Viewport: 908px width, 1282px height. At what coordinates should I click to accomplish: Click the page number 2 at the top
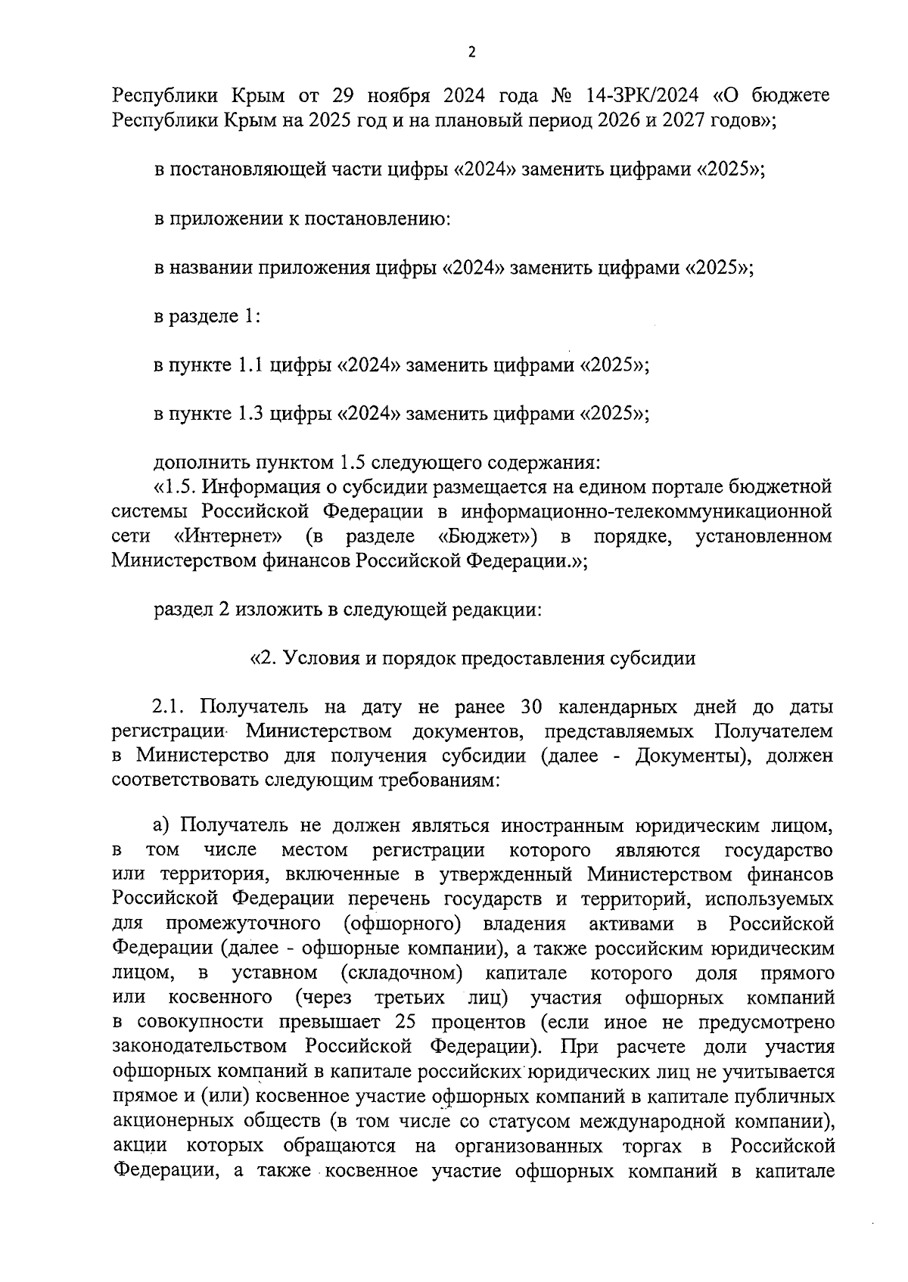click(x=472, y=52)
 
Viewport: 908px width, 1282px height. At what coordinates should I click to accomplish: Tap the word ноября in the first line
click(x=398, y=96)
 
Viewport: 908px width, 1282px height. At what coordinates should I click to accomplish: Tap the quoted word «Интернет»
click(x=229, y=535)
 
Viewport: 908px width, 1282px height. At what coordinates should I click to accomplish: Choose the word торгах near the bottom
click(x=651, y=1146)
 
